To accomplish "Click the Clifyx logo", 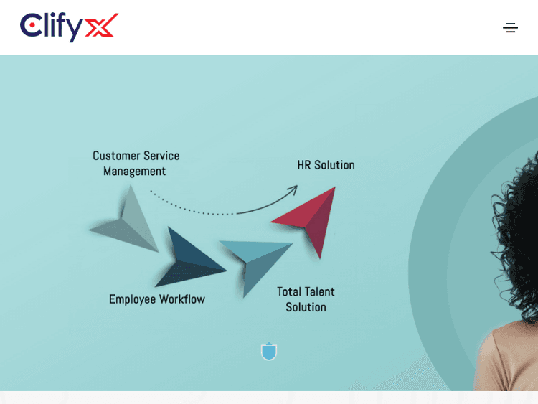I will coord(69,27).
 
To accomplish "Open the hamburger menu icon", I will coord(510,28).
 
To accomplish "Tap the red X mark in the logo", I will coord(101,27).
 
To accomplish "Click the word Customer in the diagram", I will coord(116,156).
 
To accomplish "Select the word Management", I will coord(134,172).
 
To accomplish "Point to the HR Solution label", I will coord(326,165).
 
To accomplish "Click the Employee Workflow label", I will coord(156,299).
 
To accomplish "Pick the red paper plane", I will coord(312,218).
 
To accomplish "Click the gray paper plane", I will coord(129,222).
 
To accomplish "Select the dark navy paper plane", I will coord(188,258).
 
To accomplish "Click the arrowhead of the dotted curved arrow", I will coord(293,189).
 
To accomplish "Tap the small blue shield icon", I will coord(269,351).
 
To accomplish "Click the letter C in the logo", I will coord(30,27).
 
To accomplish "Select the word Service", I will coord(161,156).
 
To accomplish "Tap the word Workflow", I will coord(182,299).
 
